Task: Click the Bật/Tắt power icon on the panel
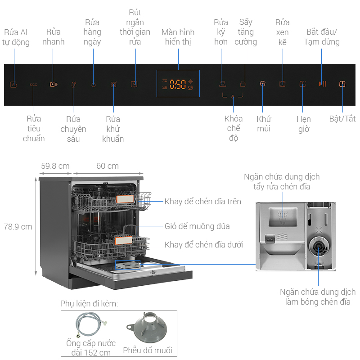click(342, 84)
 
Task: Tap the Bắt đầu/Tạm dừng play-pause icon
click(322, 84)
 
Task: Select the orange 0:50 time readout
click(178, 84)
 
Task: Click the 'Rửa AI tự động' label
click(17, 37)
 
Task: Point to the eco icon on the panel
click(33, 84)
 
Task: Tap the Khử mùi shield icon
click(263, 84)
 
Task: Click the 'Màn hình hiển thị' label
click(178, 37)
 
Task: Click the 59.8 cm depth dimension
click(55, 166)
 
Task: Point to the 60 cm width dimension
click(108, 166)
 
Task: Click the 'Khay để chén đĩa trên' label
click(203, 201)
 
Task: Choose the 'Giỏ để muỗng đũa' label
click(197, 226)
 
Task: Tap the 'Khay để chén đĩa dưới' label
click(204, 244)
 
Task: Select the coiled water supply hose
click(90, 327)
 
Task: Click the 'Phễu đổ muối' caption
click(148, 351)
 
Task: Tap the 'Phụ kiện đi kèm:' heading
click(89, 304)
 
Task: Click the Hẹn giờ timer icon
click(303, 84)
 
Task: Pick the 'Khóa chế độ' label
click(234, 128)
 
